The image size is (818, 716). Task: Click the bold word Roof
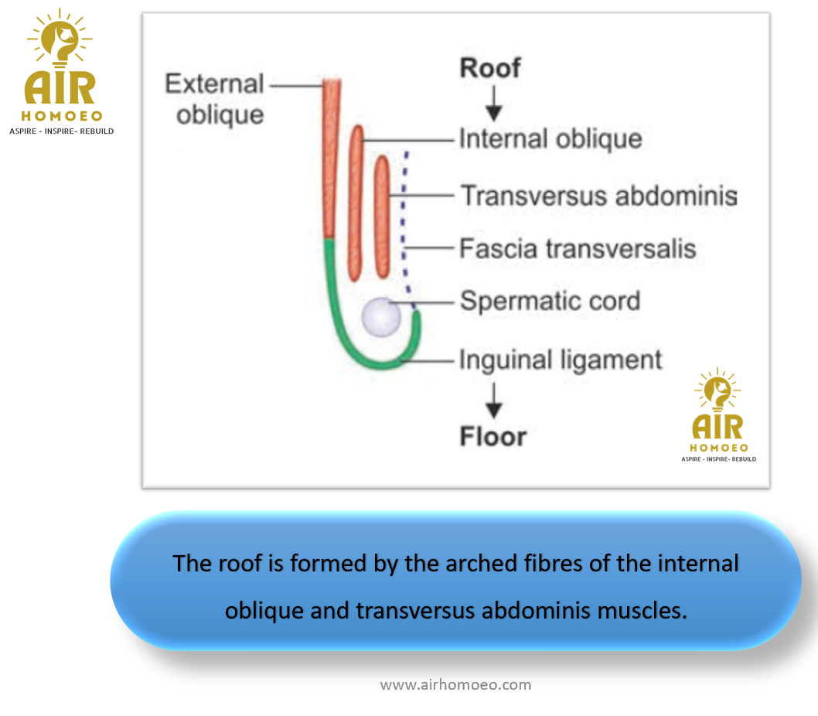[490, 68]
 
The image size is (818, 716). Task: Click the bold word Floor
[493, 436]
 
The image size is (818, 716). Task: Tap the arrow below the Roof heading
[493, 104]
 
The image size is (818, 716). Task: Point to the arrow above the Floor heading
[493, 401]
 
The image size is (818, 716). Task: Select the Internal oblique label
[550, 139]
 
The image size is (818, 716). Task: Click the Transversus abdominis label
[599, 196]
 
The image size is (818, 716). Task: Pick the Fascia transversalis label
[578, 248]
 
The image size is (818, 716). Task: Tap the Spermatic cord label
[550, 301]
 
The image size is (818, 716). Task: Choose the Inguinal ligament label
[561, 360]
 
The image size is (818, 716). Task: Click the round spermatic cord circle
[381, 317]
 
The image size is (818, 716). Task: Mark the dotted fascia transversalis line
[405, 230]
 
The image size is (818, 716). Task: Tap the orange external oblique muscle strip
[331, 159]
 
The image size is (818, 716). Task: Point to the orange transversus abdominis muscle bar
[383, 216]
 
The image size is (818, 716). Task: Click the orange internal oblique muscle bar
[356, 203]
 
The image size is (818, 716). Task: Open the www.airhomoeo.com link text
[455, 685]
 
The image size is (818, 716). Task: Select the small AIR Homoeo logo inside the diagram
[718, 415]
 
